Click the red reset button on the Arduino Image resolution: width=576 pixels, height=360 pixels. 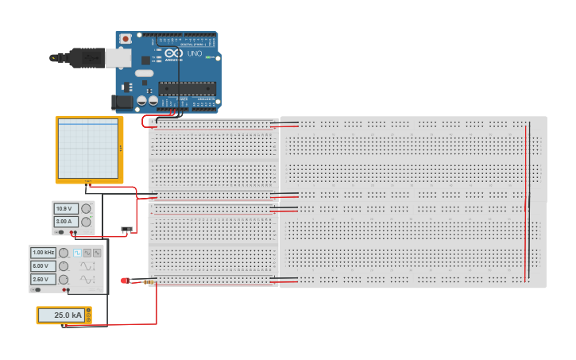[x=125, y=37]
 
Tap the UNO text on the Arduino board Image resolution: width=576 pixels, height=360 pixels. [x=194, y=54]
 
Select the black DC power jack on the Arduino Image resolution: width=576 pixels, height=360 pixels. [x=122, y=101]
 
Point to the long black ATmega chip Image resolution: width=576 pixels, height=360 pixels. [x=187, y=87]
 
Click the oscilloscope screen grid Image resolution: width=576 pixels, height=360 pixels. [x=87, y=149]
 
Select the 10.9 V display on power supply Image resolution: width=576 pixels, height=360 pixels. [x=64, y=209]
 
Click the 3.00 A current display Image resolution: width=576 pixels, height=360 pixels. [x=64, y=222]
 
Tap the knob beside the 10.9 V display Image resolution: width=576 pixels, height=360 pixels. [x=86, y=209]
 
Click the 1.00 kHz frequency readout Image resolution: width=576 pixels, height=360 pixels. [x=43, y=253]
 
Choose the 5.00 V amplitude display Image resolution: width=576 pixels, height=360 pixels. [x=41, y=266]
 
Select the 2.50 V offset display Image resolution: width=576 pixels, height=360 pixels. [x=41, y=280]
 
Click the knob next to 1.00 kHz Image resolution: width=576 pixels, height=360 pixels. [x=63, y=253]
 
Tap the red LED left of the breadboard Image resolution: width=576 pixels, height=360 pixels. [x=125, y=281]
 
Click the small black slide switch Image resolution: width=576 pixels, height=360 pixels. [x=126, y=230]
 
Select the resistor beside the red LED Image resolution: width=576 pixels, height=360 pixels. [x=146, y=281]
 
